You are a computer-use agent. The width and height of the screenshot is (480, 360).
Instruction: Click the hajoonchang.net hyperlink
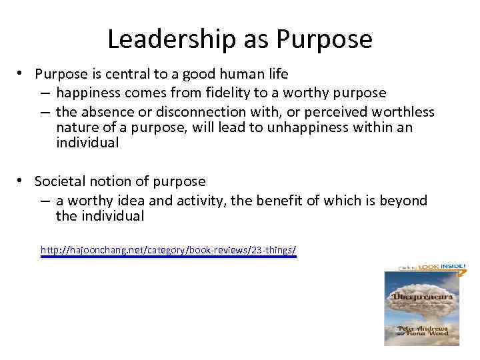[168, 251]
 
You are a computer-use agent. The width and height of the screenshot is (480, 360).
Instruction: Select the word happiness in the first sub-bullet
[89, 93]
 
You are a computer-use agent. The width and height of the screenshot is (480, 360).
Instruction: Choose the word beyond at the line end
[403, 201]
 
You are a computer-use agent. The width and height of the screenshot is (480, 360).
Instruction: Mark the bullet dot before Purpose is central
[22, 73]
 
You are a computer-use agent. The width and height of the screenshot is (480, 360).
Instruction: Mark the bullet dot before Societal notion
[22, 180]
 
